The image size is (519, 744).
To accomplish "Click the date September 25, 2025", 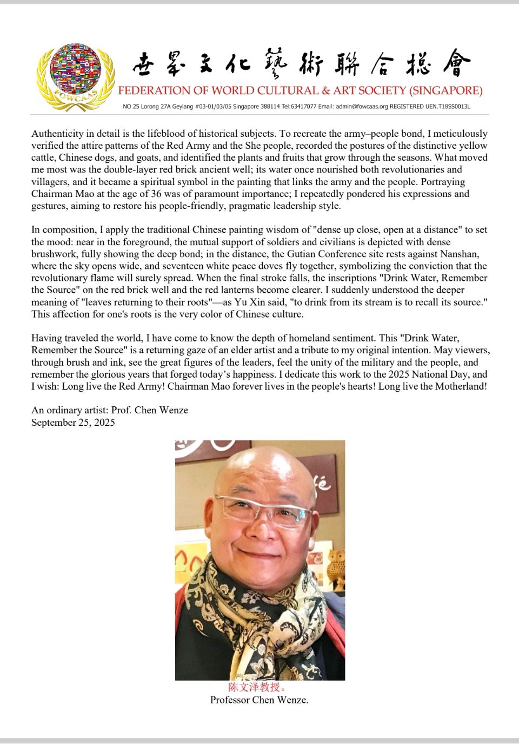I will coord(73,423).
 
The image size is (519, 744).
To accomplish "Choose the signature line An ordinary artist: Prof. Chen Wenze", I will coord(110,410).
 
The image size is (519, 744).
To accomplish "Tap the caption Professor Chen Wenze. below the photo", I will coord(259,700).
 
